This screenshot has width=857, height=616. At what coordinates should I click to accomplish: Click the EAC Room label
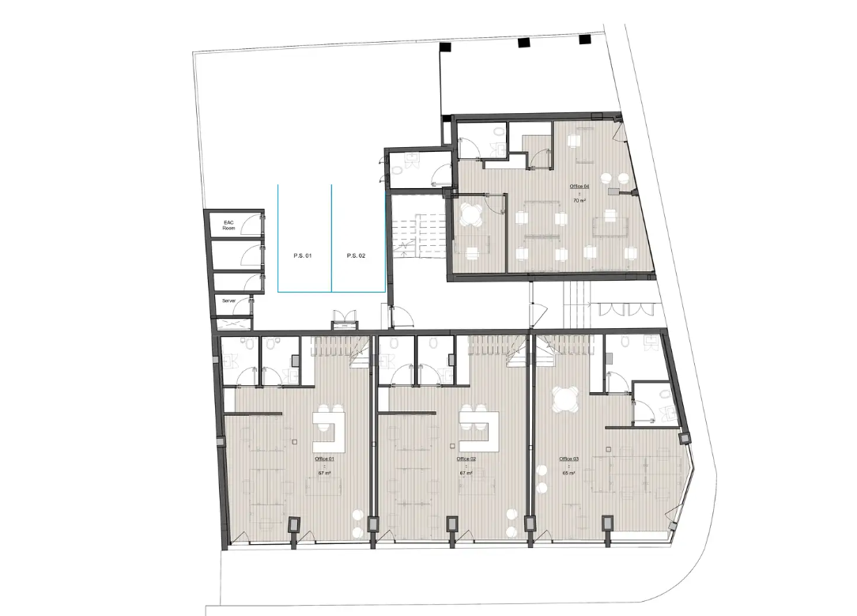[228, 225]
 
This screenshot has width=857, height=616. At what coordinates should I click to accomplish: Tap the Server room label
[228, 301]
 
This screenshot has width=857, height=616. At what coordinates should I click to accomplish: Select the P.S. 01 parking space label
[303, 256]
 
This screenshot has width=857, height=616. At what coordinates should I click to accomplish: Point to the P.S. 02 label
[356, 256]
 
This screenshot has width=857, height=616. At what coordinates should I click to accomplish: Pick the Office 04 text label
[580, 187]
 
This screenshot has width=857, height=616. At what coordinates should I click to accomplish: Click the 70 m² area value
[580, 201]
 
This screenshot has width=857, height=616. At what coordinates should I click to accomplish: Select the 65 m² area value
[568, 473]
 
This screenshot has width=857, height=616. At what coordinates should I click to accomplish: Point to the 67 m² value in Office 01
[324, 473]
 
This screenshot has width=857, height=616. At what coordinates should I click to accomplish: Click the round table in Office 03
[566, 400]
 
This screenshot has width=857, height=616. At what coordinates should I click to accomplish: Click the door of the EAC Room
[252, 226]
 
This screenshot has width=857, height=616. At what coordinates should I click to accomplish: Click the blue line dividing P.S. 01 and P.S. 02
[331, 237]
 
